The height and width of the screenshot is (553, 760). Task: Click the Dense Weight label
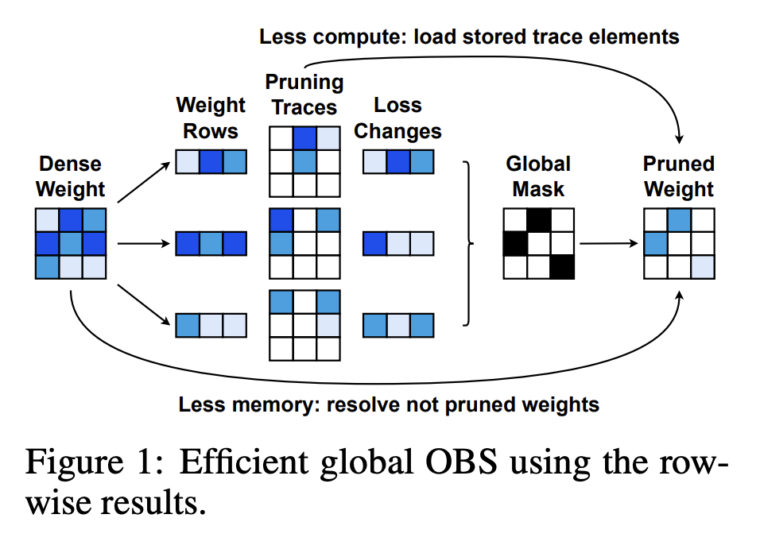tap(70, 177)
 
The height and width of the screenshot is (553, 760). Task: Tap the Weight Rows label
tap(211, 118)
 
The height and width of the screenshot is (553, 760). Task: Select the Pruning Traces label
tap(304, 95)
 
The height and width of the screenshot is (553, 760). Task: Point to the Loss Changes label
tap(397, 118)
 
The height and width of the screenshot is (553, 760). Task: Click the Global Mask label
tap(538, 177)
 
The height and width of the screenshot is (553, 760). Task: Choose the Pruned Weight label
tap(679, 177)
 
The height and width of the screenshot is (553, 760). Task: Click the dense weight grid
tap(71, 243)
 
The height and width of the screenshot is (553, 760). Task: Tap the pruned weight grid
tap(679, 243)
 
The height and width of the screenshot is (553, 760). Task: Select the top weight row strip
tap(211, 162)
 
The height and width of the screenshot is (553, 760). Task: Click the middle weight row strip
tap(211, 243)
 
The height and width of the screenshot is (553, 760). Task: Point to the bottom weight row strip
tap(211, 325)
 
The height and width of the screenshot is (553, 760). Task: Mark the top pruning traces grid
tap(304, 161)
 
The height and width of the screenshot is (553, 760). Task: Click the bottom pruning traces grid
tap(304, 325)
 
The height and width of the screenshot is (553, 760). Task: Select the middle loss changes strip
tap(398, 243)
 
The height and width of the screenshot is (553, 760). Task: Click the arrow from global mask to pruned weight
tap(608, 243)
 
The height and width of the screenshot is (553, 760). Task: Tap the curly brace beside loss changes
tap(467, 243)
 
